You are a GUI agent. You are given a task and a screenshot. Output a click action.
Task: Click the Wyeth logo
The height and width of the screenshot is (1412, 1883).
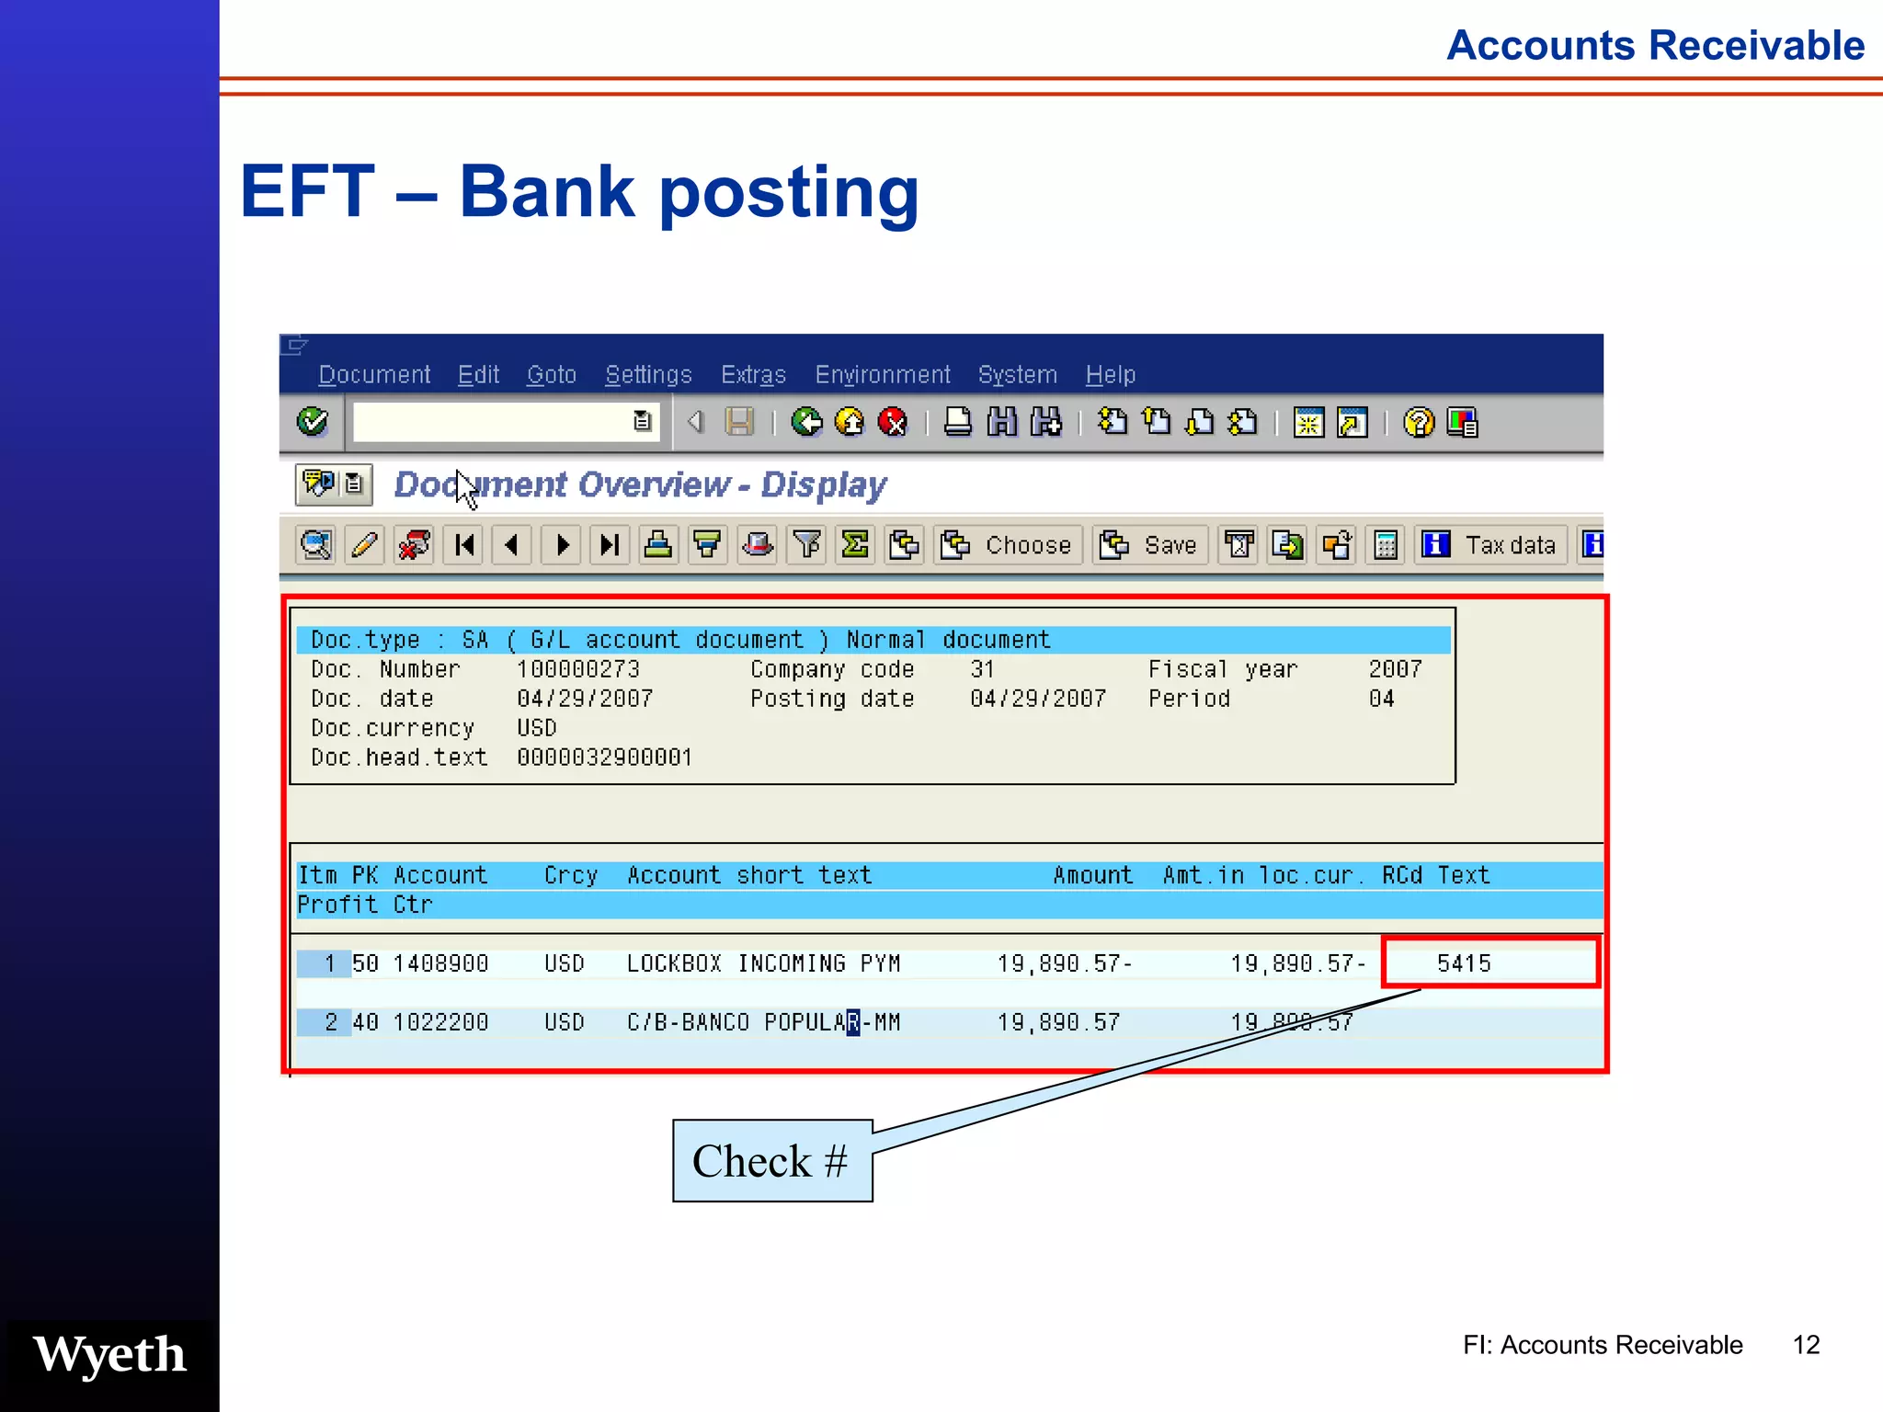109,1355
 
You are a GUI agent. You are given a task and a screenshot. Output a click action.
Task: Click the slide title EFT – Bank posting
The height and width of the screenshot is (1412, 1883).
579,191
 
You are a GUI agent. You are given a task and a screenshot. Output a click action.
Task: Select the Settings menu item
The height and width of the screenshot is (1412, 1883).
648,375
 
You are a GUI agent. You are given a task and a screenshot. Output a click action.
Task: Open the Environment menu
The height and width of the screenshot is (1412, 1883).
882,375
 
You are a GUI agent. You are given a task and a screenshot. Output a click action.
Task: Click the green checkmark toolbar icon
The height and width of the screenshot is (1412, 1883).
313,422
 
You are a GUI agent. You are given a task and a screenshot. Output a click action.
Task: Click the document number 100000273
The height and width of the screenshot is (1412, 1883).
577,669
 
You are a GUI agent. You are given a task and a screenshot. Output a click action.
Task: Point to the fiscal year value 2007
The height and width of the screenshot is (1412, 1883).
1395,669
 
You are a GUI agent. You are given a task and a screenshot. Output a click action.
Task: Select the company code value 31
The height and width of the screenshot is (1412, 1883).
982,669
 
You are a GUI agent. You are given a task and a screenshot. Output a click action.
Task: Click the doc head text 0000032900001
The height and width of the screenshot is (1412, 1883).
604,757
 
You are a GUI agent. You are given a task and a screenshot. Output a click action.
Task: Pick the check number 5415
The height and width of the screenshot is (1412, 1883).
1464,963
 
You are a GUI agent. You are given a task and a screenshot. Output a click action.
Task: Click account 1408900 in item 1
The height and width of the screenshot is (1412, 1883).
440,963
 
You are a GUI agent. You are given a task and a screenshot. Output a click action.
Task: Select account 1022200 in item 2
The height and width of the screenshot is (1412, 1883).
440,1022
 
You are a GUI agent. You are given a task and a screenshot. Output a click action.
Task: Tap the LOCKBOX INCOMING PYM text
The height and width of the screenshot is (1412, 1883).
763,963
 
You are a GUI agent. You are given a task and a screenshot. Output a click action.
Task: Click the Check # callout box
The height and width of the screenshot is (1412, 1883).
772,1161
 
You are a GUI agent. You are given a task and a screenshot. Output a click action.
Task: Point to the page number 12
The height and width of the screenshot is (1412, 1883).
1806,1345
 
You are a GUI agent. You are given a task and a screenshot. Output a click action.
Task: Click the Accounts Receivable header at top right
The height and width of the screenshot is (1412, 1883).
1655,45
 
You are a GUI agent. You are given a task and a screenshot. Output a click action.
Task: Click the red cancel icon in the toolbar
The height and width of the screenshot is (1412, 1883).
892,422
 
